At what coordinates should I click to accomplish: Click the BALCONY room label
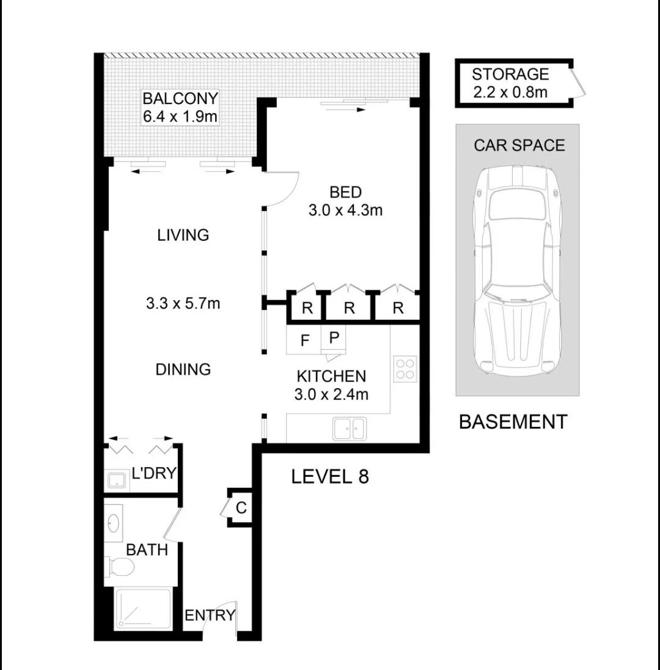180,98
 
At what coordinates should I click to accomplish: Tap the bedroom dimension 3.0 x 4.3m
345,210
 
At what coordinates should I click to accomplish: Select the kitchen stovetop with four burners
405,369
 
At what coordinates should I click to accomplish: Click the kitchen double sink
350,428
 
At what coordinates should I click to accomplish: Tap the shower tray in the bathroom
143,609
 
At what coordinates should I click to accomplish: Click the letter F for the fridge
304,341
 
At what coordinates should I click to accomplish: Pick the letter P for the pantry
334,337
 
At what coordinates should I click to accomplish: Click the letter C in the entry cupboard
241,507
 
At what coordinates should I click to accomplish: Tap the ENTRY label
210,616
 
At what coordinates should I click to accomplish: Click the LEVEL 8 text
330,476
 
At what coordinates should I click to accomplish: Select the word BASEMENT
513,422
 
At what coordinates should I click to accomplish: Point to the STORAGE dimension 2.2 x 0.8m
510,92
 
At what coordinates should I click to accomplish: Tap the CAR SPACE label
519,145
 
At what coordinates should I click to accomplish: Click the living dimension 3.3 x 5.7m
183,303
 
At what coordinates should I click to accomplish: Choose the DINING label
183,369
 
